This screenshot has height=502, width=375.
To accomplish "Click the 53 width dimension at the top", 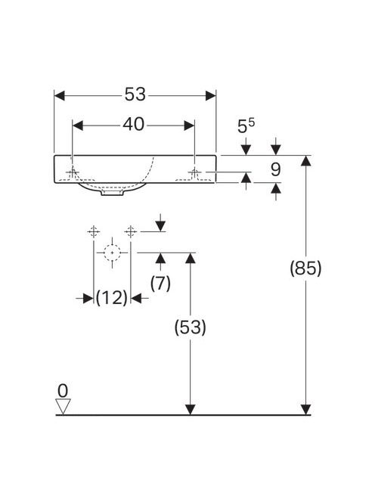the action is [135, 95].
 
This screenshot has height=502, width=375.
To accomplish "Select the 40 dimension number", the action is [134, 124].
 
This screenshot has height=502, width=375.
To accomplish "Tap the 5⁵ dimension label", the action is [246, 125].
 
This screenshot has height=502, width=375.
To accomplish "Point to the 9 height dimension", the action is [276, 169].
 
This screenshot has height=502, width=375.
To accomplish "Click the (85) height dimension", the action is [305, 268].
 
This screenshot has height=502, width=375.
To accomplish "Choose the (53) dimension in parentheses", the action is [191, 327].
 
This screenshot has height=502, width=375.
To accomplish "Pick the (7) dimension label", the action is [160, 284].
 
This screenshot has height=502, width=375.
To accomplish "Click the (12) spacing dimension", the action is [112, 298].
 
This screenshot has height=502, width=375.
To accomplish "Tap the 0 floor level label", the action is [63, 391].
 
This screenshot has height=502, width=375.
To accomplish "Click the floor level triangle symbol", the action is [63, 406].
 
